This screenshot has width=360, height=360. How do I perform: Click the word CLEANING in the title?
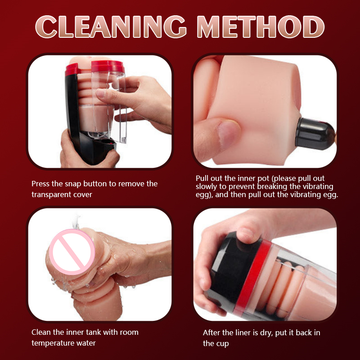[x=111, y=27]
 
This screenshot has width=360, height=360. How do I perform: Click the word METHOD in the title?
[x=261, y=27]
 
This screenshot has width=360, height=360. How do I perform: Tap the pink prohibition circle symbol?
[x=72, y=252]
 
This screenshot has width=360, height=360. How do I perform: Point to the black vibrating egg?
[x=315, y=134]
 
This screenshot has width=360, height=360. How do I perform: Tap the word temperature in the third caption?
[x=52, y=343]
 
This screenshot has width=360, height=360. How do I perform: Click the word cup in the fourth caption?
[x=223, y=344]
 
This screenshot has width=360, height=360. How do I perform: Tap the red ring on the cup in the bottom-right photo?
[x=252, y=277]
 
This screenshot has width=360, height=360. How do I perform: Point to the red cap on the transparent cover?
[x=108, y=66]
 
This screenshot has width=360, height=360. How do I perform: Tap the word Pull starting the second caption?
[x=202, y=178]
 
